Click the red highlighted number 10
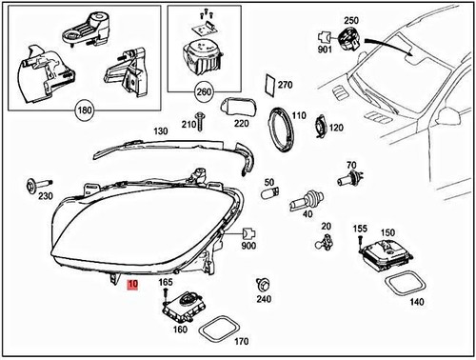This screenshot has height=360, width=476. click(x=132, y=284)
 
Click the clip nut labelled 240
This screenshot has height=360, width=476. click(x=262, y=284)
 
